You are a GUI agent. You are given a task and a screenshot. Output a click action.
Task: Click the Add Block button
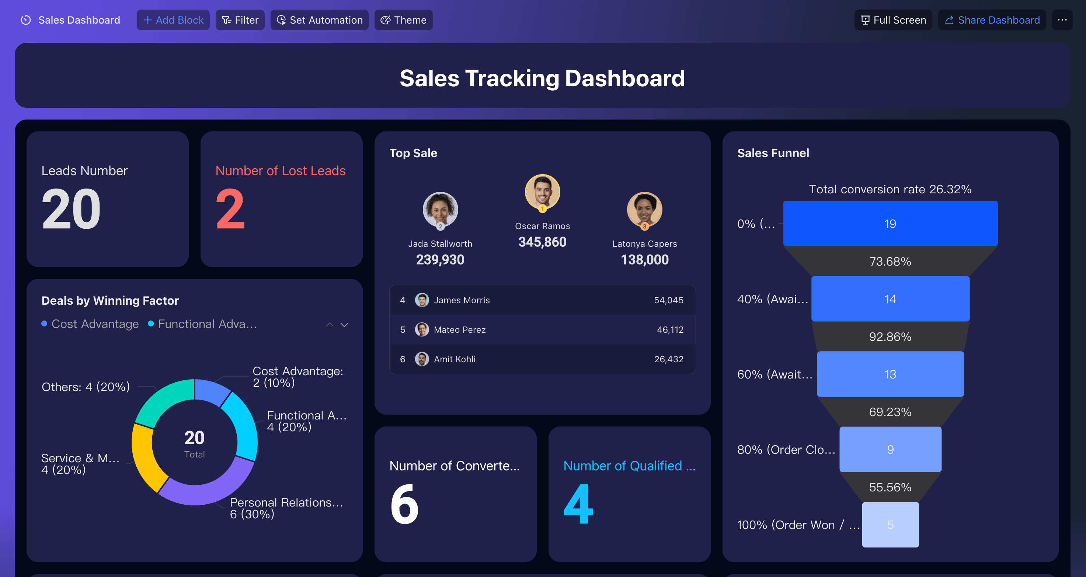click(173, 20)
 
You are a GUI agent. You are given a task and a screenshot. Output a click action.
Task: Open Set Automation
click(319, 20)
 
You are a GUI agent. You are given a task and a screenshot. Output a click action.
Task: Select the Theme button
click(403, 20)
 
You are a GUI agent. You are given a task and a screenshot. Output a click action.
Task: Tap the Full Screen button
click(893, 20)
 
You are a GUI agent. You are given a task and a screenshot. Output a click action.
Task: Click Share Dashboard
click(992, 20)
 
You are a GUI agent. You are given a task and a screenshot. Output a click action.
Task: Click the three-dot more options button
click(1062, 20)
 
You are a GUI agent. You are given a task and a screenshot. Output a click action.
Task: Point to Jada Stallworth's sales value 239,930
click(440, 260)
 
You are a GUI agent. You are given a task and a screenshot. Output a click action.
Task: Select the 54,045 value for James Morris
click(669, 300)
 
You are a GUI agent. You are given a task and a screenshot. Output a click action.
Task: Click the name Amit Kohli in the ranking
click(455, 359)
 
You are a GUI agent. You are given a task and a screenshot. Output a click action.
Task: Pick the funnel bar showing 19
click(890, 224)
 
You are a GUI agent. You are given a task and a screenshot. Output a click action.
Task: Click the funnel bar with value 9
click(890, 450)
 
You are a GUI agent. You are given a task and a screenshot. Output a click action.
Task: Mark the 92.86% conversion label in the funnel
click(890, 337)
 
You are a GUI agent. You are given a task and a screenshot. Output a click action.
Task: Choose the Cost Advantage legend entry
click(90, 324)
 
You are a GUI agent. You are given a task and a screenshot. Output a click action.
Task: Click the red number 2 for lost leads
click(230, 209)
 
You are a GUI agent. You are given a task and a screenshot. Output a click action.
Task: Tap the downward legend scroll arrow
click(344, 325)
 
